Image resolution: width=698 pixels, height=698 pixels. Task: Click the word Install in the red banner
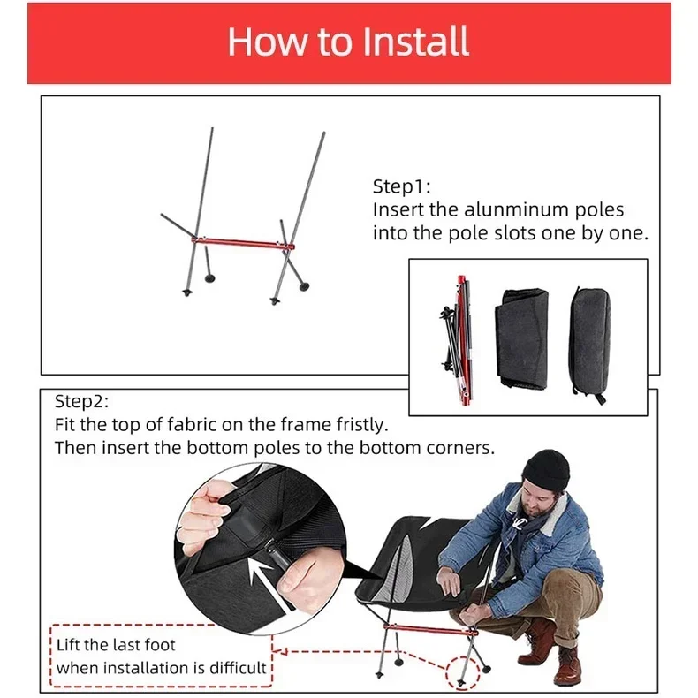pyautogui.click(x=415, y=41)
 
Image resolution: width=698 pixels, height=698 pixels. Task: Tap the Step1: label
pyautogui.click(x=401, y=186)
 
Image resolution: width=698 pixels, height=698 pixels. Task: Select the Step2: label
pyautogui.click(x=81, y=401)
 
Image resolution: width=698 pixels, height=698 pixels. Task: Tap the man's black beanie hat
pyautogui.click(x=546, y=470)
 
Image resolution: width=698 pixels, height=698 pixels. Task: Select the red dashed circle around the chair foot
pyautogui.click(x=463, y=672)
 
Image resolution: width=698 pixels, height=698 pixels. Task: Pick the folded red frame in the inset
pyautogui.click(x=458, y=338)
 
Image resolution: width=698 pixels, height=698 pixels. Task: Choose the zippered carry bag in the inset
pyautogui.click(x=589, y=345)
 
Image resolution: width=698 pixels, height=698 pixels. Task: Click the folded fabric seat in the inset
pyautogui.click(x=521, y=338)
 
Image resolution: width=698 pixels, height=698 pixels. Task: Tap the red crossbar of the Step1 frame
pyautogui.click(x=243, y=243)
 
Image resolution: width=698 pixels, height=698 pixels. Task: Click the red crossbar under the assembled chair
pyautogui.click(x=430, y=629)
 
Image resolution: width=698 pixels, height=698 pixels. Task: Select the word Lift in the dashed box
pyautogui.click(x=69, y=645)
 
